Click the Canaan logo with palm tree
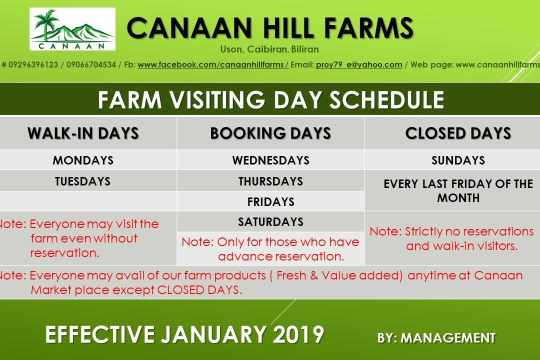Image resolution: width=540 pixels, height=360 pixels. pyautogui.click(x=72, y=29)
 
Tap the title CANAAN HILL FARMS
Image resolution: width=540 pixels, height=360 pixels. pyautogui.click(x=270, y=28)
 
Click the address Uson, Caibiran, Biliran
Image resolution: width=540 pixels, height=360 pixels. pyautogui.click(x=269, y=49)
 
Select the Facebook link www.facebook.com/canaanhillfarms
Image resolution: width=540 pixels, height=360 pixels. pyautogui.click(x=212, y=64)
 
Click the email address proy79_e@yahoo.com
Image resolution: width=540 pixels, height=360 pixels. pyautogui.click(x=359, y=64)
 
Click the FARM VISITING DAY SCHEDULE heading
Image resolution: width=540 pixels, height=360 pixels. pyautogui.click(x=270, y=100)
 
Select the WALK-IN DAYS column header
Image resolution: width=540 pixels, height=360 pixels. pyautogui.click(x=83, y=133)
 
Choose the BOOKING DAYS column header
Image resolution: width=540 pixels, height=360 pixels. pyautogui.click(x=270, y=133)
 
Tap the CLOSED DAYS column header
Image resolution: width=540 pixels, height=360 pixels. pyautogui.click(x=458, y=133)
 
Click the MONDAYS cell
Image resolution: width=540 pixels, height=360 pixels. pyautogui.click(x=83, y=160)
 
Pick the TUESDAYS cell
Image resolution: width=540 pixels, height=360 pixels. pyautogui.click(x=83, y=181)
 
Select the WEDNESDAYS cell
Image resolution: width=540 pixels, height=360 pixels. pyautogui.click(x=270, y=160)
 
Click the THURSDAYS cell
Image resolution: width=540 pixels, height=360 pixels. pyautogui.click(x=270, y=181)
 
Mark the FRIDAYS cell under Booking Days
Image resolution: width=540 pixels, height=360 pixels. pyautogui.click(x=270, y=201)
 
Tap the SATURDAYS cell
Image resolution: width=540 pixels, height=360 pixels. pyautogui.click(x=270, y=221)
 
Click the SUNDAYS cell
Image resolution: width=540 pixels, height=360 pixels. pyautogui.click(x=458, y=160)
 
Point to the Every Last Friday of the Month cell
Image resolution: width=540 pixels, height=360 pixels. pyautogui.click(x=458, y=190)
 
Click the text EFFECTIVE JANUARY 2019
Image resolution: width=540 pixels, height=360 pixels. pyautogui.click(x=184, y=334)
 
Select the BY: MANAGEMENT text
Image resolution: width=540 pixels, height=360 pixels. pyautogui.click(x=436, y=338)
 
